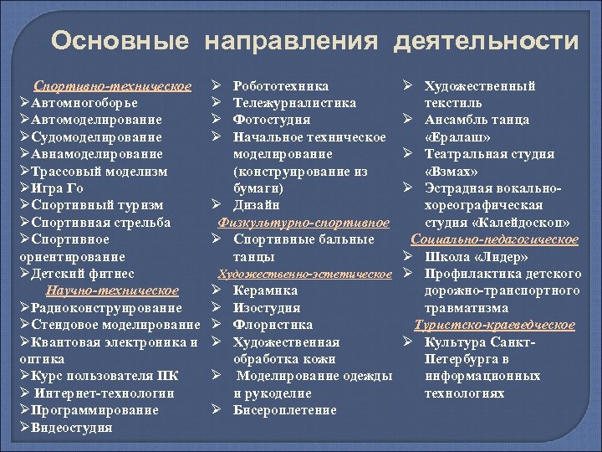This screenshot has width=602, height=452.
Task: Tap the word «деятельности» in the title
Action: click(x=487, y=41)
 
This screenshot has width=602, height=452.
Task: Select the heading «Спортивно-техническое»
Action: click(x=112, y=86)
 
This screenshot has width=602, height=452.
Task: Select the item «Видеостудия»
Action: click(x=72, y=428)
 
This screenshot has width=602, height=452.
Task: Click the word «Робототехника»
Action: click(x=281, y=86)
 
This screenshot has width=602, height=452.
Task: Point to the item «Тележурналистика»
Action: click(x=294, y=103)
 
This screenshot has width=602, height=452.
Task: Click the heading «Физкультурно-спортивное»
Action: click(x=304, y=223)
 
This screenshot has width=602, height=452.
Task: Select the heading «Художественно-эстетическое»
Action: click(x=305, y=274)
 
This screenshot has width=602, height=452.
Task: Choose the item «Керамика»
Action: click(x=265, y=290)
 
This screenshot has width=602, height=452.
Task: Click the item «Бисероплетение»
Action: click(x=285, y=410)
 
